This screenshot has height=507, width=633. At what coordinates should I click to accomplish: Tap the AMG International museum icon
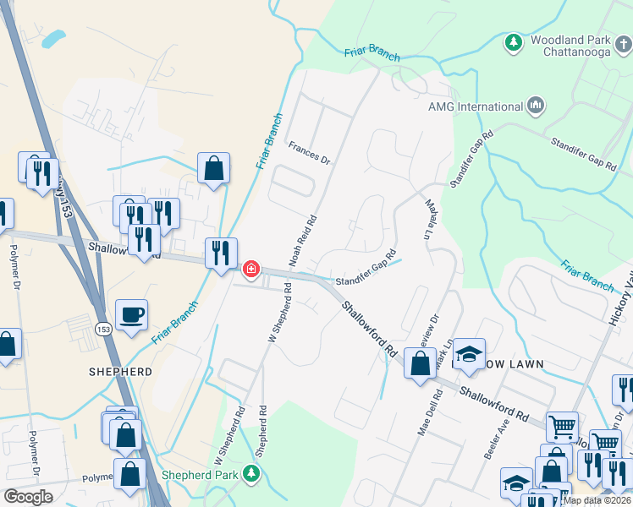[535, 106]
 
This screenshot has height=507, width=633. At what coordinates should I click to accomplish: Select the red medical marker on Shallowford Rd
[250, 270]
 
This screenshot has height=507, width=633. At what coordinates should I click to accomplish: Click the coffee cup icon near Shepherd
[131, 316]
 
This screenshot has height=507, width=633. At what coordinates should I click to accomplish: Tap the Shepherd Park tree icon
[251, 472]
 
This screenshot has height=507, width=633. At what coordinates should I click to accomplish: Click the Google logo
[28, 497]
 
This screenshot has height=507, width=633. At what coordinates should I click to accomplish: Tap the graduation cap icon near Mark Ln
[468, 356]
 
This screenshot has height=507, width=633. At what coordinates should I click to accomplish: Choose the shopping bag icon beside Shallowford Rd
[420, 364]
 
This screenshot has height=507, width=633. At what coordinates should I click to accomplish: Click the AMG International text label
[476, 107]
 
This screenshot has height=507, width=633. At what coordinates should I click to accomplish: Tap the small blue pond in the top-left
[52, 39]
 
